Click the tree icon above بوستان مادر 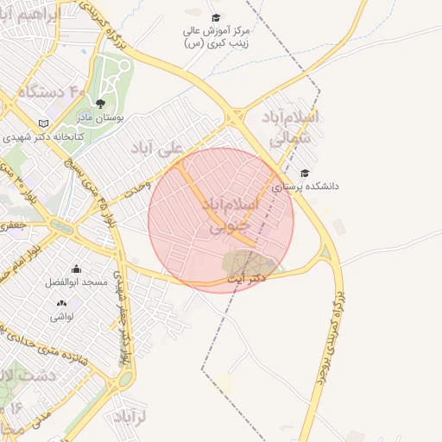[x=101, y=104]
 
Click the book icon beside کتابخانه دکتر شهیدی [x=44, y=123]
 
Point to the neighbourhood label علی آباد [x=158, y=148]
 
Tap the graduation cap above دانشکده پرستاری [x=304, y=173]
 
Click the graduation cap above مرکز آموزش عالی [x=216, y=17]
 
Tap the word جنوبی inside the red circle [x=230, y=224]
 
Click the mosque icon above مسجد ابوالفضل [x=77, y=268]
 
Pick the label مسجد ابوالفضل [x=78, y=282]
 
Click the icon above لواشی [x=61, y=303]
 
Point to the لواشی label [x=62, y=317]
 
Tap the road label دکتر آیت [x=247, y=280]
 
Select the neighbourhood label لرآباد [x=130, y=417]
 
